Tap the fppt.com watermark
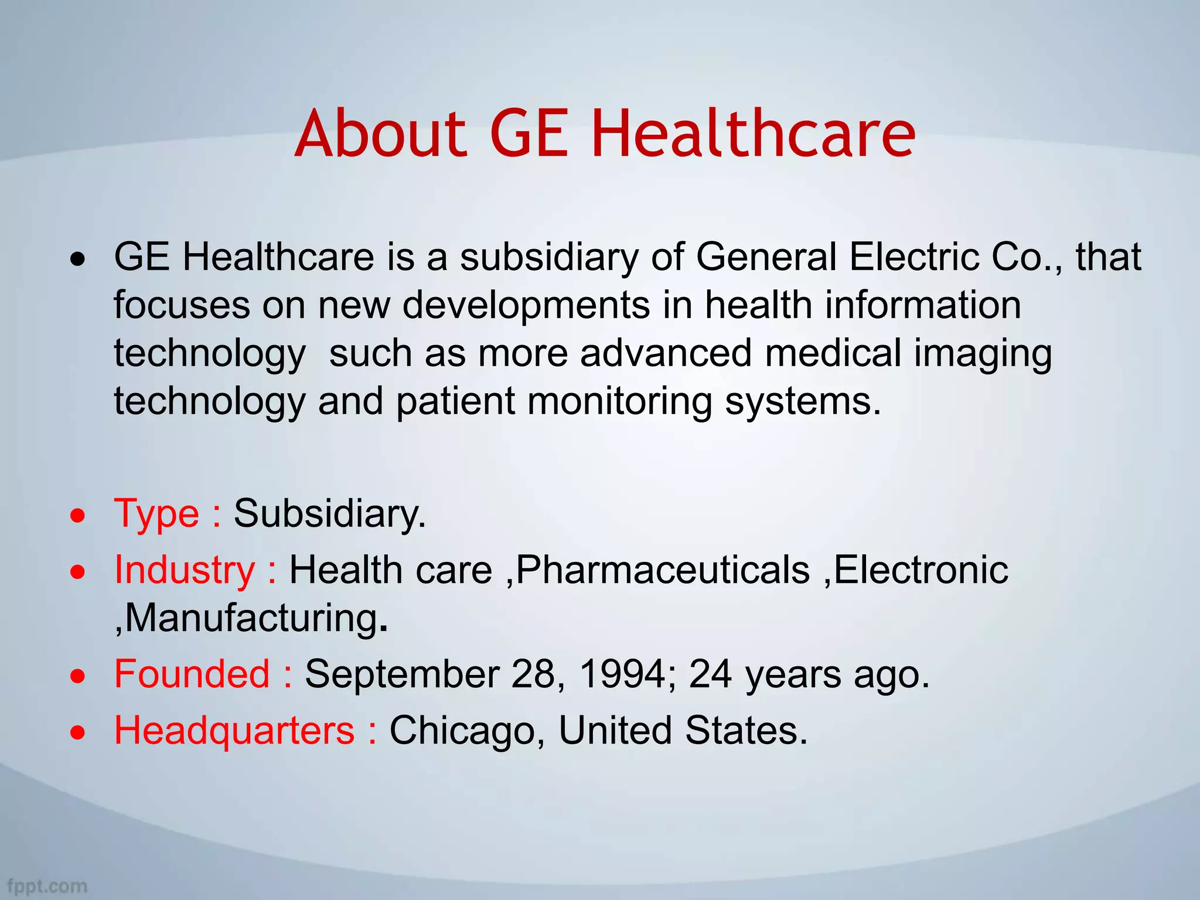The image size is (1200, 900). (x=47, y=886)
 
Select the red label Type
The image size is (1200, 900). (x=156, y=513)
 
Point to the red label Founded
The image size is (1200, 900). (x=192, y=674)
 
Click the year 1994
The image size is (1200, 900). (x=622, y=674)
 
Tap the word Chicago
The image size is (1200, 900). (x=462, y=731)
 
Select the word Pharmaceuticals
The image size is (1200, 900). (x=663, y=570)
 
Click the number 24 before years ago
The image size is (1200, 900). (x=710, y=674)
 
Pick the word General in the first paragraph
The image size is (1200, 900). (x=766, y=257)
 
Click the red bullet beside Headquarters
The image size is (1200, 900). (x=77, y=732)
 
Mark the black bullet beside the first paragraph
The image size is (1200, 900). (x=77, y=258)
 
